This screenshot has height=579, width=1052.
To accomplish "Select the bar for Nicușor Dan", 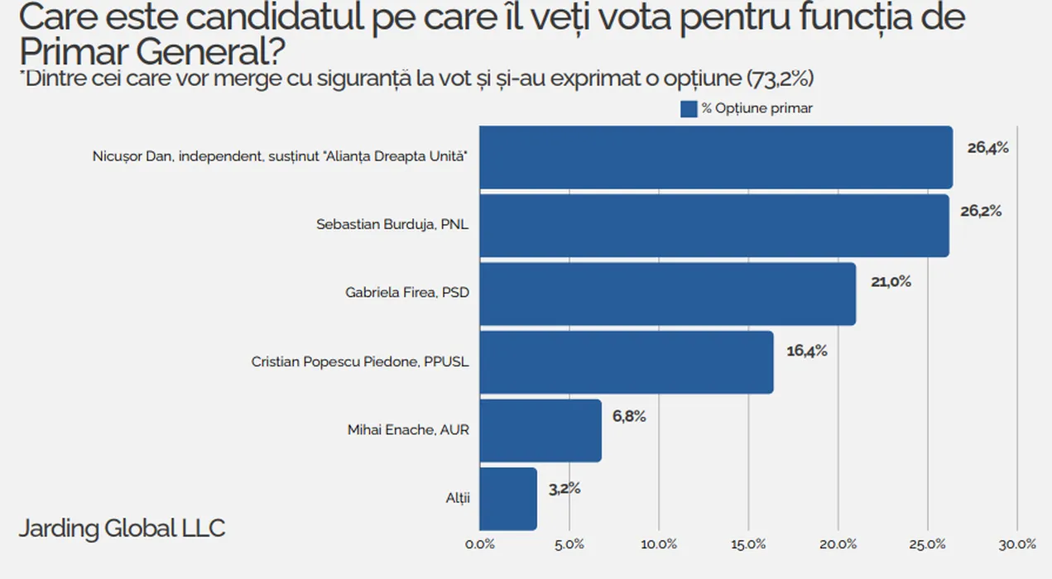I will coord(716,157).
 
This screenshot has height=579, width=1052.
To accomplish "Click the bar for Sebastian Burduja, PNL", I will coord(714,226).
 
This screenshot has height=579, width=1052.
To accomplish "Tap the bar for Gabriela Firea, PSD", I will coord(668,294).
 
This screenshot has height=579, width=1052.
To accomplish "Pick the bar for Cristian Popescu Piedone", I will coord(627,362).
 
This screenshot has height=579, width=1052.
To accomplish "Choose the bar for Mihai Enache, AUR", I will coord(540,430).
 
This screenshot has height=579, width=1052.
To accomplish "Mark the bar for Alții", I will coord(508,499).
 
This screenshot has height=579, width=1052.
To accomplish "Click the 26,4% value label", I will coord(987,148).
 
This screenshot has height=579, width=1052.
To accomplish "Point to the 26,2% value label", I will coord(981,211).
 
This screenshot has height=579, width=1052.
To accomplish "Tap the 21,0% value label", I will coord(891,282).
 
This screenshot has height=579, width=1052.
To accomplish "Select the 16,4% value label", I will coord(807,351).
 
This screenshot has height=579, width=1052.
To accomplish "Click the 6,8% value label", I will coord(629,416).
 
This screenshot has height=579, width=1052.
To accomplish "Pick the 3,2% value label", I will coord(564,488).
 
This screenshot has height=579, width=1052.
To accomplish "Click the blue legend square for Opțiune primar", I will coord(689,109).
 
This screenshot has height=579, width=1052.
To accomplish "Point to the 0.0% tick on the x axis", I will coord(480,544).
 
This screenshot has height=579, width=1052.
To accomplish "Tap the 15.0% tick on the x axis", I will coord(748,544).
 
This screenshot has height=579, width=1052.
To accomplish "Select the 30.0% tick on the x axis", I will coord(1016,544).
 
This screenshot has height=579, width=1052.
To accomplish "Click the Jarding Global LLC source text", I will coord(122,529).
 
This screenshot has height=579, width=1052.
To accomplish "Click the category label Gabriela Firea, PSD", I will coord(406,293).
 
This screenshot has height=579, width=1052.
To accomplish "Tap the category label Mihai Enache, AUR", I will coord(408,430).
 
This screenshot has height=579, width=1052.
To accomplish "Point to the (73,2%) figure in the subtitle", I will coord(781,79).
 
